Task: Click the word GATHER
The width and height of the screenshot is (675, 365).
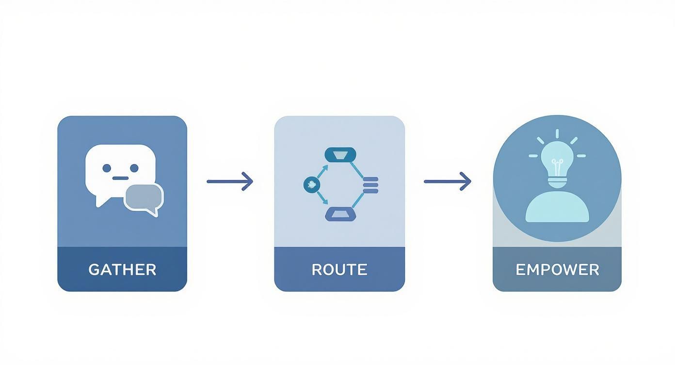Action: [x=122, y=270]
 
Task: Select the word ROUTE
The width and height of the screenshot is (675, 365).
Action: [x=339, y=270]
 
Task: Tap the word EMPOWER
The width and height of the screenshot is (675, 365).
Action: [x=557, y=270]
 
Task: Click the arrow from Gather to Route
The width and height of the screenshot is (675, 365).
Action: [x=230, y=182]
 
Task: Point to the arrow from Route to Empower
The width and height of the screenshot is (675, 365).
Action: [x=448, y=182]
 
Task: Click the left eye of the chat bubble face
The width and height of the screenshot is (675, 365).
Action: [x=107, y=168]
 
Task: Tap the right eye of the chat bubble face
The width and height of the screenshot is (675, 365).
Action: [x=134, y=168]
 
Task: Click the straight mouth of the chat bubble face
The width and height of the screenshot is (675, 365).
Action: [x=121, y=178]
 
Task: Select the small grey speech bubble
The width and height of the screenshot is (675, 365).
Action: [x=144, y=199]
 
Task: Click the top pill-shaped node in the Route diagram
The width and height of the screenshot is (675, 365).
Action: [x=340, y=155]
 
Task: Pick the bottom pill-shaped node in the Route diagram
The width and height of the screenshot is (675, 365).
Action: [x=340, y=214]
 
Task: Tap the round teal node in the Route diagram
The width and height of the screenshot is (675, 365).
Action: [x=312, y=184]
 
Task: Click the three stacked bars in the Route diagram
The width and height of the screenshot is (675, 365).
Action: [x=370, y=185]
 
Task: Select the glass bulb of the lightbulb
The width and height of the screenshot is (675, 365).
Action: [x=557, y=159]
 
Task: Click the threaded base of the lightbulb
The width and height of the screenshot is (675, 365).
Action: [x=557, y=183]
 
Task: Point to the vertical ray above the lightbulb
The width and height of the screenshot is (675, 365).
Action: [x=557, y=133]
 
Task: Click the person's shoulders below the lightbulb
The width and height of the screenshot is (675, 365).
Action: [x=557, y=207]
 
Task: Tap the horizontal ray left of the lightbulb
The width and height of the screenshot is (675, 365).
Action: [x=533, y=156]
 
